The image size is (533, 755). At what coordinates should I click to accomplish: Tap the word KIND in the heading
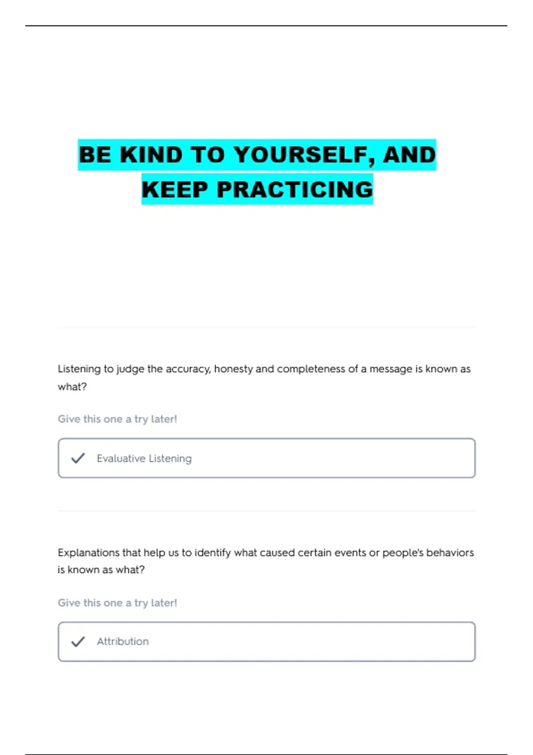(x=151, y=155)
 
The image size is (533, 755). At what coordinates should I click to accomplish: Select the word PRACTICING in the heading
(x=295, y=190)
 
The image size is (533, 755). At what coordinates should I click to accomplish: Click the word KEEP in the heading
(x=175, y=190)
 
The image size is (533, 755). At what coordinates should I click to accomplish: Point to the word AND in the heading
(x=409, y=155)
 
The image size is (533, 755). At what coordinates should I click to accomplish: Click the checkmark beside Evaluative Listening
(x=78, y=458)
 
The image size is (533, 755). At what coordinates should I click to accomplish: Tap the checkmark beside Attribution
(x=78, y=642)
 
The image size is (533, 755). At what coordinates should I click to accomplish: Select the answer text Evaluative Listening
(x=144, y=458)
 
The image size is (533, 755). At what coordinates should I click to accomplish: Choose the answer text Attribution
(x=123, y=642)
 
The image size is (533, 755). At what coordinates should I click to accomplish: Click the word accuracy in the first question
(x=188, y=369)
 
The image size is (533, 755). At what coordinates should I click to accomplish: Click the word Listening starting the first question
(x=79, y=369)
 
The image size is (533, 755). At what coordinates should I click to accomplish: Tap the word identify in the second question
(x=213, y=553)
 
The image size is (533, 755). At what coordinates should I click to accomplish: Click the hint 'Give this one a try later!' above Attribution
(x=117, y=603)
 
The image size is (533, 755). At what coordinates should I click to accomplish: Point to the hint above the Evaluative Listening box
(x=117, y=419)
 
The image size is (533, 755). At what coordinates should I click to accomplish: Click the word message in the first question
(x=391, y=369)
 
